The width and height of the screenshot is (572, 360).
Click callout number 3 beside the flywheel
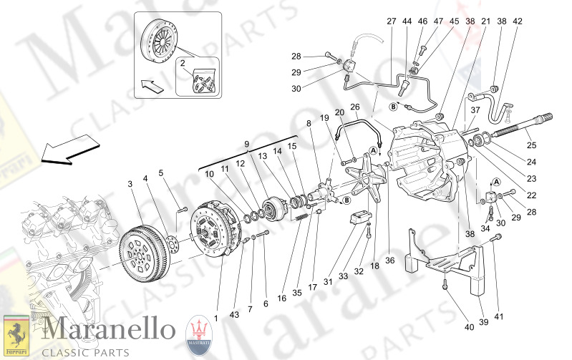[x=130, y=185]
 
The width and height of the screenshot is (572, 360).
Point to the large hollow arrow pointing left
[x=70, y=149]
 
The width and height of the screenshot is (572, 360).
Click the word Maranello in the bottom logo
[x=108, y=331]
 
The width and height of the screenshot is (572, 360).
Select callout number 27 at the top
[x=391, y=21]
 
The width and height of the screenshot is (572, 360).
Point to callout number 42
[x=518, y=21]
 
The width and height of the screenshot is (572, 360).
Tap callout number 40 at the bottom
[x=469, y=327]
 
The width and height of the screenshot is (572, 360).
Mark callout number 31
[x=328, y=282]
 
